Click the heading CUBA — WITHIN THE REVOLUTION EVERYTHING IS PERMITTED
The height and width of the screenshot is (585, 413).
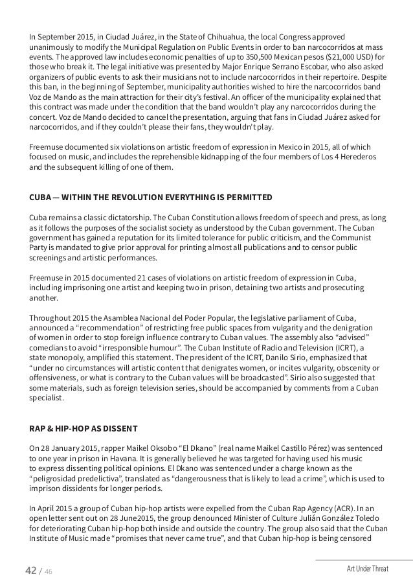[151, 197]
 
